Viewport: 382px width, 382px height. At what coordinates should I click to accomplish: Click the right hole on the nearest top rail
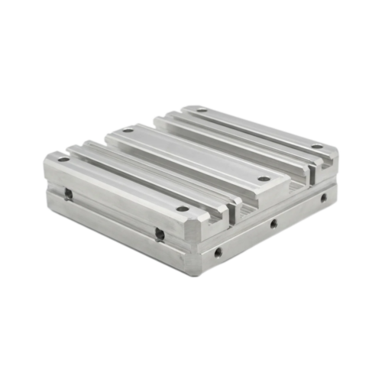(x=182, y=208)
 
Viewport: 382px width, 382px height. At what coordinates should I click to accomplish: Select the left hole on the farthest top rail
(x=201, y=112)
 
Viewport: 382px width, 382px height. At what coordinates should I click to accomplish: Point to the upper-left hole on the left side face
(x=69, y=193)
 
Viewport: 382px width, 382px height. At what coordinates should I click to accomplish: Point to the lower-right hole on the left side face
(x=159, y=232)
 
